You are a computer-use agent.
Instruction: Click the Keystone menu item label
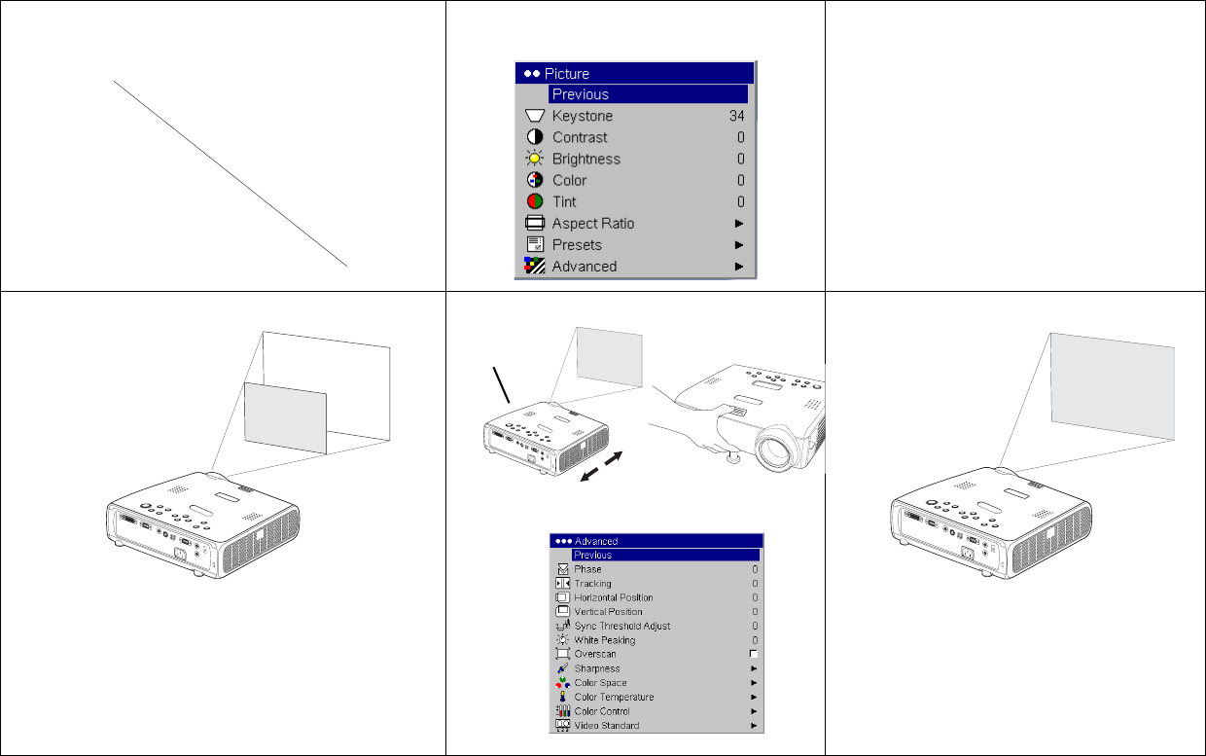582,116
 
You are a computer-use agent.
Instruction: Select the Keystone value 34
736,116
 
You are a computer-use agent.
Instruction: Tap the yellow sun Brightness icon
535,159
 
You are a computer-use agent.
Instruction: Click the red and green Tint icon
535,201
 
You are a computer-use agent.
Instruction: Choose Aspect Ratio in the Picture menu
592,224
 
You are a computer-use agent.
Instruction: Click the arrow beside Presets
739,245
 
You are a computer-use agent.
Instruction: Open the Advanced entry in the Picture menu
585,267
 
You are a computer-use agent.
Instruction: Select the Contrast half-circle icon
535,137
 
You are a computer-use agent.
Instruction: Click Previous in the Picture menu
581,94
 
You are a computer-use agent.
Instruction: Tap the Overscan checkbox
754,654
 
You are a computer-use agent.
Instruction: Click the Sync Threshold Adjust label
621,626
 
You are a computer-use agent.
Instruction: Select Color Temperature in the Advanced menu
614,697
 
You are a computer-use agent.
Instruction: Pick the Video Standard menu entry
607,725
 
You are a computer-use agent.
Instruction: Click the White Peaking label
605,640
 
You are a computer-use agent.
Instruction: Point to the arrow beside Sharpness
755,668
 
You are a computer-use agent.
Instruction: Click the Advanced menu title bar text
596,541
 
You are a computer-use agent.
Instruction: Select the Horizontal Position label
614,597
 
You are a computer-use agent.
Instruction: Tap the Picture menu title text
566,74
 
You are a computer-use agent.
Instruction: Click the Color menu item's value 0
741,180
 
